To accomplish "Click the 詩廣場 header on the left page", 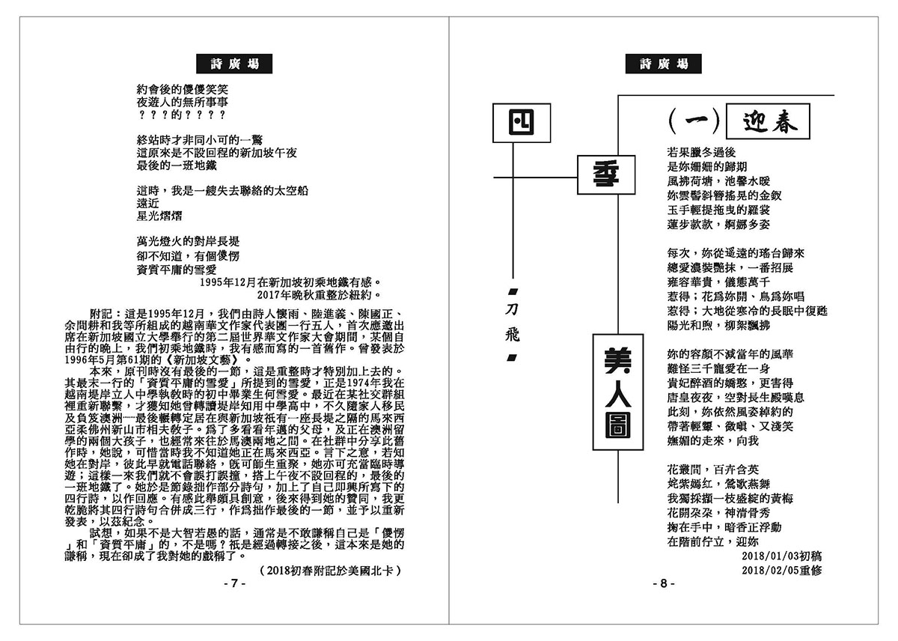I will point(233,64).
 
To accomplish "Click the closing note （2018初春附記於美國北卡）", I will point(327,570).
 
